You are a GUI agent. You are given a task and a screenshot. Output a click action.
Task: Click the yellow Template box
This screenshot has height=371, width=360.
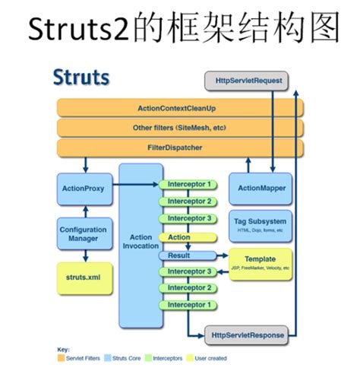click(x=261, y=262)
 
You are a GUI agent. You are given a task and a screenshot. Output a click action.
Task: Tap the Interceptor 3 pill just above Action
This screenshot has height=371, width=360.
click(x=189, y=219)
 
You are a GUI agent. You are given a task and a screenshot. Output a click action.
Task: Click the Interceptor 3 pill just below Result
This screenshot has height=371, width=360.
click(x=189, y=272)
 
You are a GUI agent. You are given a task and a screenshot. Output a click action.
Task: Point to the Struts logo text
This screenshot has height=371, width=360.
click(x=81, y=77)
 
